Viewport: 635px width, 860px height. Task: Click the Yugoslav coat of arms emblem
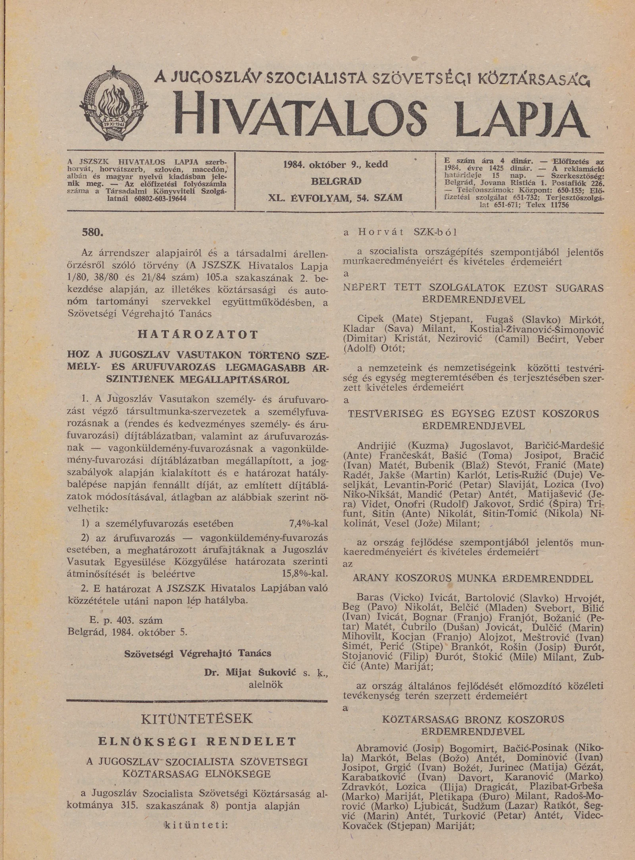114,104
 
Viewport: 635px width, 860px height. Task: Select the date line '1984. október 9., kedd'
335,164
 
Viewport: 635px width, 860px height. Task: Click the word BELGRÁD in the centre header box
336,181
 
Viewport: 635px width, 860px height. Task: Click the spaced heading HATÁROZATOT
198,334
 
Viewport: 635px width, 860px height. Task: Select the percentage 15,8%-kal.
302,573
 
